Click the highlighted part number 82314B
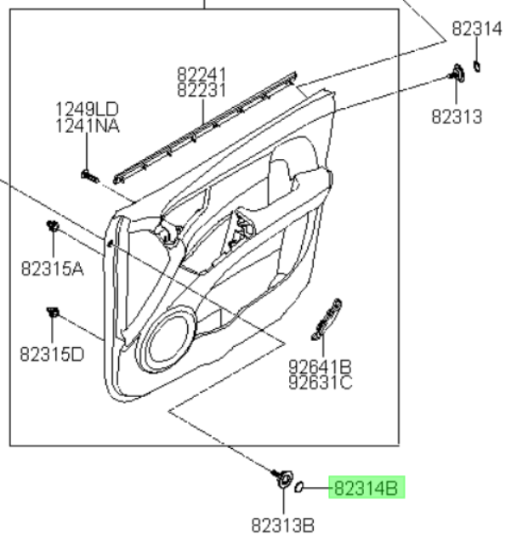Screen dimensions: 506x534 click(367, 488)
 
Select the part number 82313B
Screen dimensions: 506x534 click(282, 525)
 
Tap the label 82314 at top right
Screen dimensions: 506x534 click(477, 29)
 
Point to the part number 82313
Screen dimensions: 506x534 click(457, 116)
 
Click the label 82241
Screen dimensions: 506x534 click(202, 75)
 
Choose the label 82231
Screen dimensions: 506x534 click(202, 90)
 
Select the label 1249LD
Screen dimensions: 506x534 click(88, 110)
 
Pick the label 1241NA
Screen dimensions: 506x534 click(88, 126)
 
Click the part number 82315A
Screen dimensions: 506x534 click(52, 269)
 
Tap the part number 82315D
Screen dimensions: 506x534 click(52, 354)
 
